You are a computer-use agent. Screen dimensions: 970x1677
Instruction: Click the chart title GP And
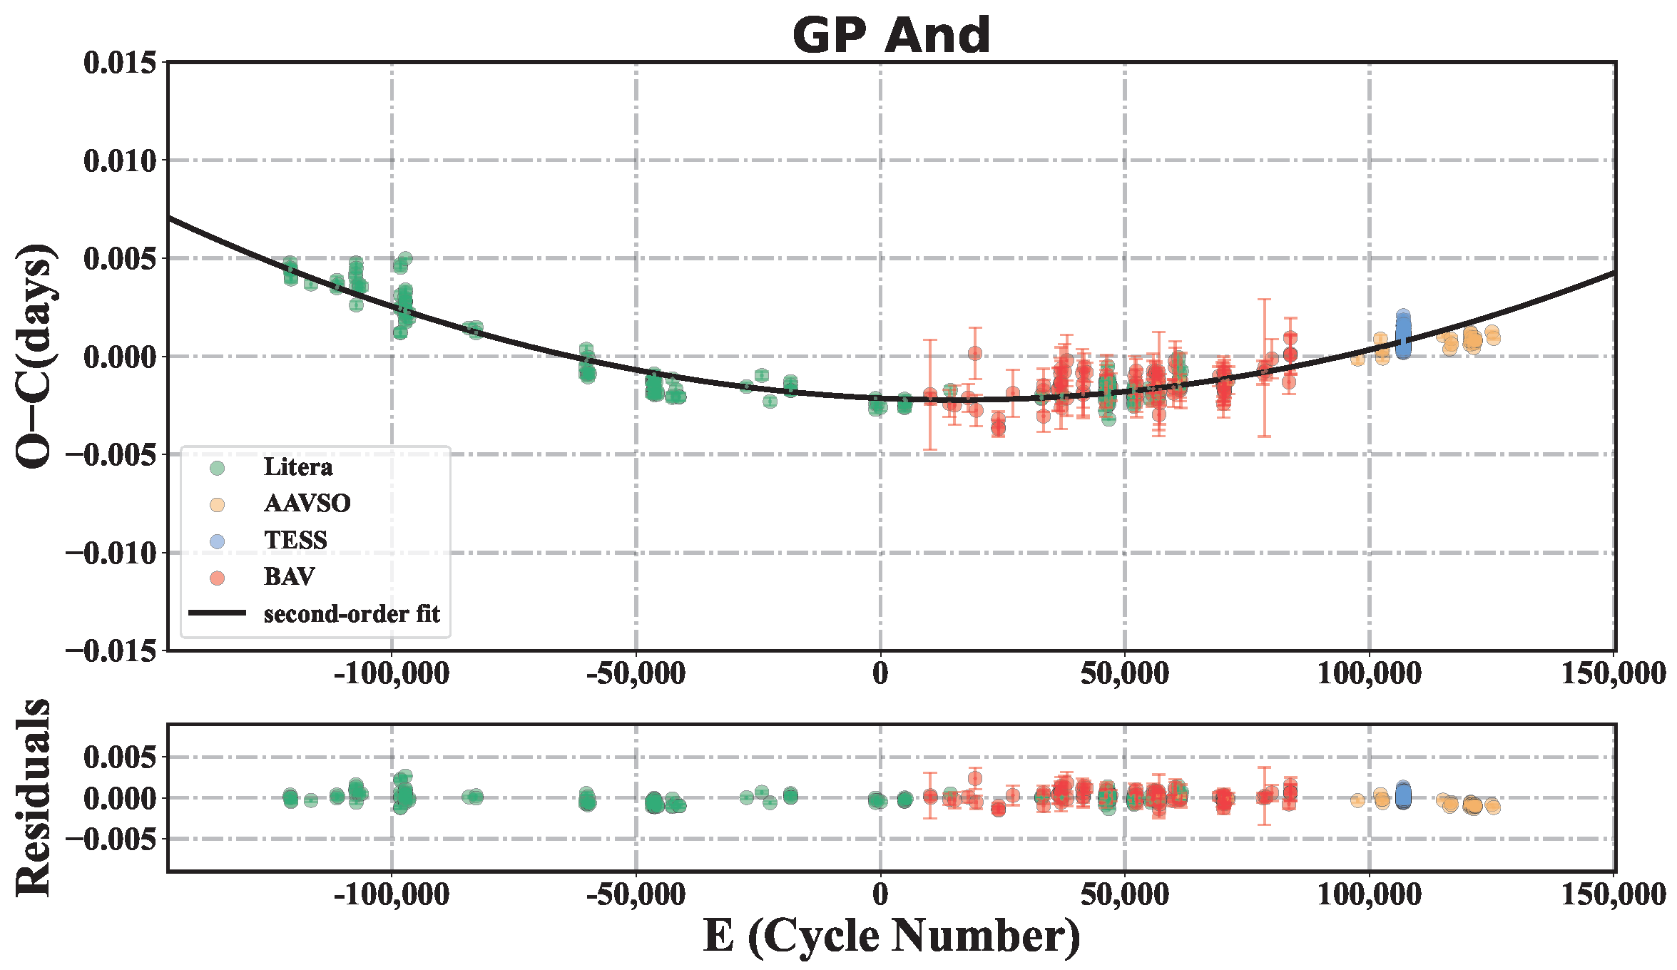pos(891,35)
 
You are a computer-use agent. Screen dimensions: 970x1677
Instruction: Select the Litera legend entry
pos(297,467)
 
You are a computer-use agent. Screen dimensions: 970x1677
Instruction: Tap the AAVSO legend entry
pos(307,504)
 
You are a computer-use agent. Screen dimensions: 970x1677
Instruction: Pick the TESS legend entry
pos(295,541)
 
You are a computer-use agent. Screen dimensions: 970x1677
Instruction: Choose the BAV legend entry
pos(289,577)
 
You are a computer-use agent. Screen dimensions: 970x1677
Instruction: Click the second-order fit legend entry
pos(351,614)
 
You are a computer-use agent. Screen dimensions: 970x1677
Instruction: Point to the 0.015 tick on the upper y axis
pos(120,63)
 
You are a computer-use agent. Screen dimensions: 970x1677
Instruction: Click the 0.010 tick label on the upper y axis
pos(120,161)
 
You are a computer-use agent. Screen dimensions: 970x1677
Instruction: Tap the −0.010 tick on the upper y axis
pos(111,553)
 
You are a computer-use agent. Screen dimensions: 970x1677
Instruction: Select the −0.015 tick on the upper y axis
pos(111,651)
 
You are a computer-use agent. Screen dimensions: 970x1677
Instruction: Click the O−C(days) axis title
pos(34,356)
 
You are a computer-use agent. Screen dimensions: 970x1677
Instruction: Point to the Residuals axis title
pos(34,797)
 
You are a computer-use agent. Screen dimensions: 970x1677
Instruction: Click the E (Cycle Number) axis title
pos(891,936)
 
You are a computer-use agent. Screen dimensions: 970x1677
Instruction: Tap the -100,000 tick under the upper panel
pos(392,674)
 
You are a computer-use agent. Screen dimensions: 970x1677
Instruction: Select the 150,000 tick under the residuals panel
pos(1614,894)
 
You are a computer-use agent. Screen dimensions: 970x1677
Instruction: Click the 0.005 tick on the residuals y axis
pos(120,757)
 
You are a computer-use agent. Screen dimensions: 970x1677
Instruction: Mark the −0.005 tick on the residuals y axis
pos(111,839)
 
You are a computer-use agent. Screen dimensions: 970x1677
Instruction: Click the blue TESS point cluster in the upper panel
pos(1402,335)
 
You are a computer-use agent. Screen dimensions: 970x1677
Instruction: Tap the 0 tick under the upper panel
pos(880,674)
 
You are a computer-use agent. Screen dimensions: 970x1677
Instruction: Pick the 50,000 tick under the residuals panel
pos(1125,894)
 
